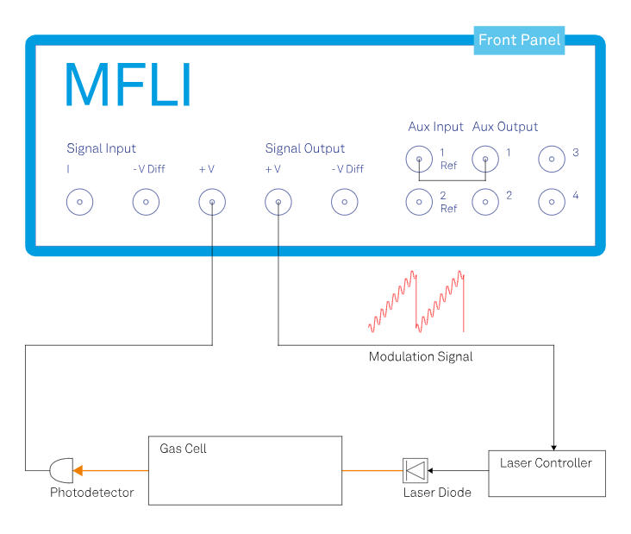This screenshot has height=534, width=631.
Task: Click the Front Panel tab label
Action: [519, 40]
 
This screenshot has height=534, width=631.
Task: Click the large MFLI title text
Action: [128, 85]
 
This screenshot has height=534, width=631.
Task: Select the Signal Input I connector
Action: [79, 203]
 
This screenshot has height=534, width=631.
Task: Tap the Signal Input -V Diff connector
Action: [146, 203]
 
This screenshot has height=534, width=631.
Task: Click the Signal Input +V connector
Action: [212, 203]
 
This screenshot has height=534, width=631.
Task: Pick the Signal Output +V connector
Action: [278, 203]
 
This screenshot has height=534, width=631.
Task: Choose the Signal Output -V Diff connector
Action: [345, 203]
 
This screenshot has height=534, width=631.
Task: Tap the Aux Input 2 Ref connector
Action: [419, 202]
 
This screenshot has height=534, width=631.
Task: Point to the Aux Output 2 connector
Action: [485, 202]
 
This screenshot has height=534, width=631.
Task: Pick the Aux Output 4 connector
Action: [552, 202]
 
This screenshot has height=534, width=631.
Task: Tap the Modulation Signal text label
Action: [421, 356]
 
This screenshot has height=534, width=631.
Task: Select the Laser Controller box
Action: [547, 473]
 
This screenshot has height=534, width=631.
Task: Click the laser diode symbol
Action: [415, 470]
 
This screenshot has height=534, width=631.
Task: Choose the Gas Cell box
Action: [245, 470]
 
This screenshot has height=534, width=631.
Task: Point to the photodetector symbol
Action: [61, 470]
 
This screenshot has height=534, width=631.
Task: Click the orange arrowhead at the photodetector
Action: [78, 470]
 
